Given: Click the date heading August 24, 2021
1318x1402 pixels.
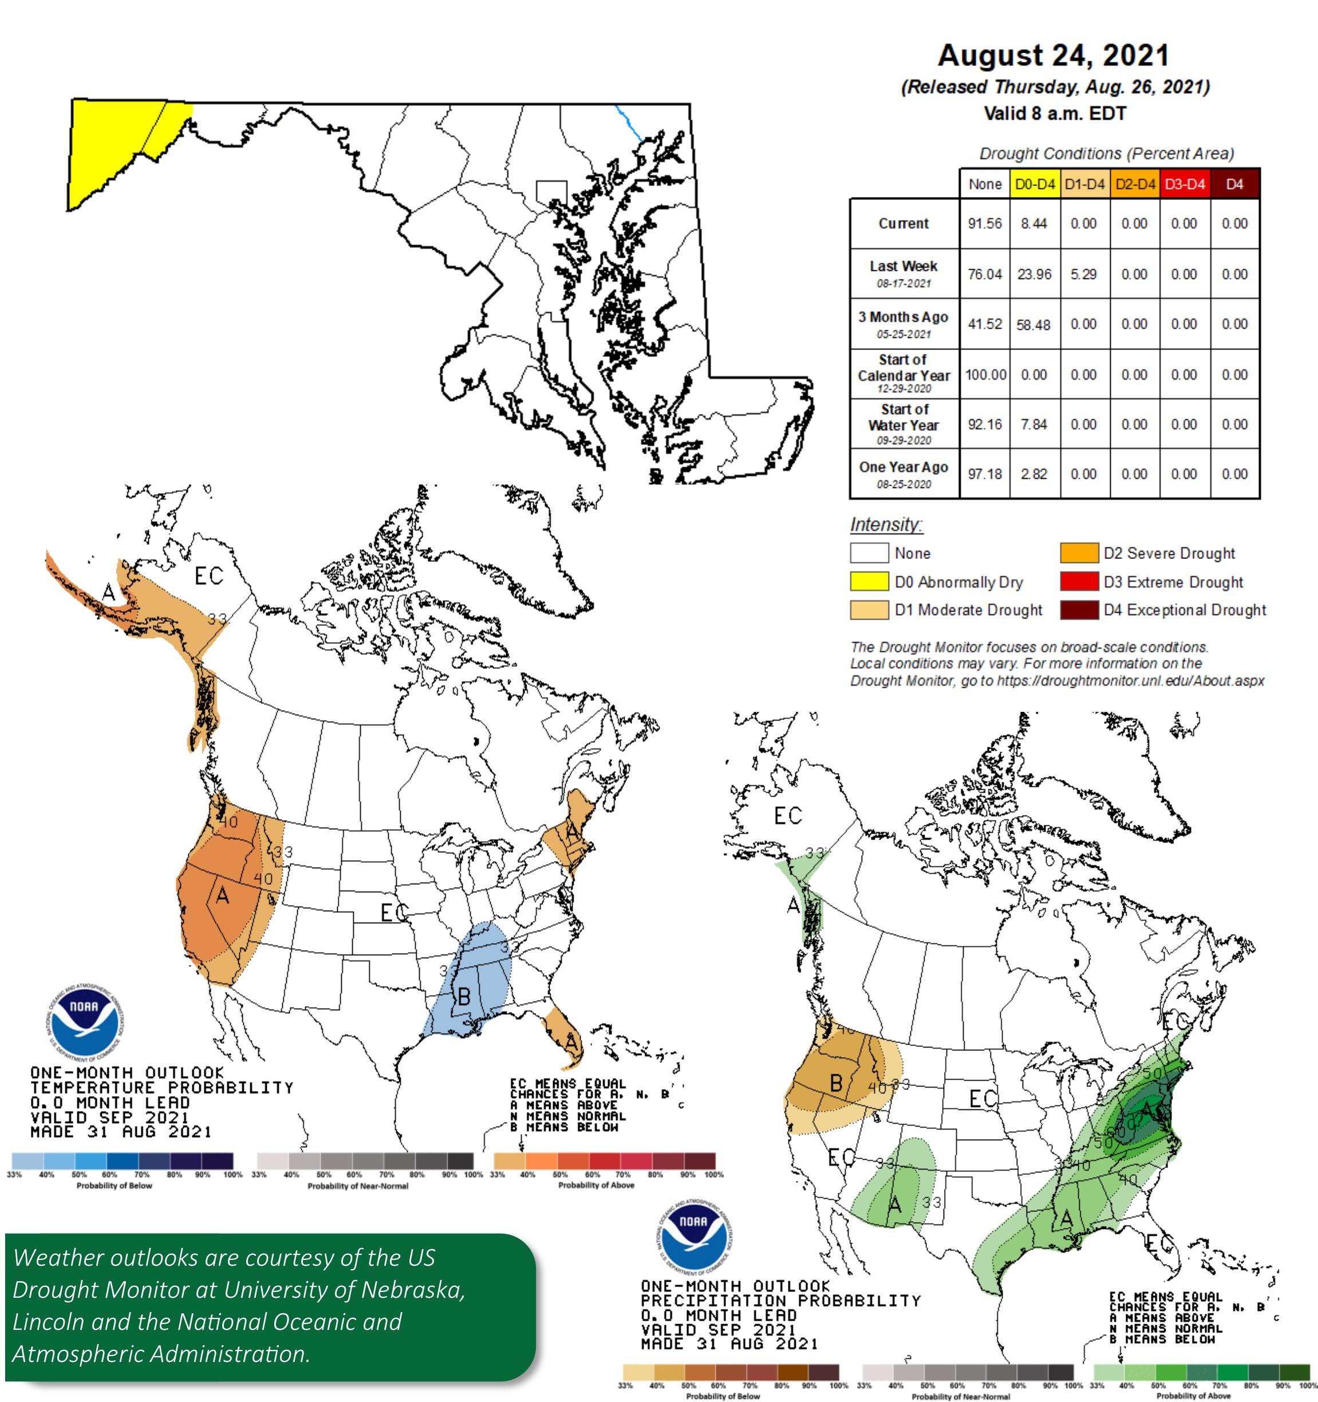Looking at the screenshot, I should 1053,56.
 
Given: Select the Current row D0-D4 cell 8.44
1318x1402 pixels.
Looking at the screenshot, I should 1034,223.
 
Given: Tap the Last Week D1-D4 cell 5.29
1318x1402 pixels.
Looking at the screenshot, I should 1083,274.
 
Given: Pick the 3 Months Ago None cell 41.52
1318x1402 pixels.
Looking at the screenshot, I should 984,324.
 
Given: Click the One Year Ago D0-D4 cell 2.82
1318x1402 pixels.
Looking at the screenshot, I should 1034,474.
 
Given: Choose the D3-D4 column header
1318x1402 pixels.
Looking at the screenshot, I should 1185,184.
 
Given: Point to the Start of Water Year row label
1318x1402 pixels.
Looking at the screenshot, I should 903,424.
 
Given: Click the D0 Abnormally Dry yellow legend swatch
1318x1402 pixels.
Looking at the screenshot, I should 869,582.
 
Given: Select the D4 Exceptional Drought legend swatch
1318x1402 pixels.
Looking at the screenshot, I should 1079,609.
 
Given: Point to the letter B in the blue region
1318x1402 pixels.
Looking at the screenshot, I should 464,997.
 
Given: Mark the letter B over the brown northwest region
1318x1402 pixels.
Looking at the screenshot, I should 836,1082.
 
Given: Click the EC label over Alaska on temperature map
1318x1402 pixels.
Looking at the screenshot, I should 209,576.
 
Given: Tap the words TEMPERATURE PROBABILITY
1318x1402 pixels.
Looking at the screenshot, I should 161,1088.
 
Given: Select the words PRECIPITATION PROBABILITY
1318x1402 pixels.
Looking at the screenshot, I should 780,1301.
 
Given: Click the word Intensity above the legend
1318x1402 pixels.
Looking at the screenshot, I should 886,525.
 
